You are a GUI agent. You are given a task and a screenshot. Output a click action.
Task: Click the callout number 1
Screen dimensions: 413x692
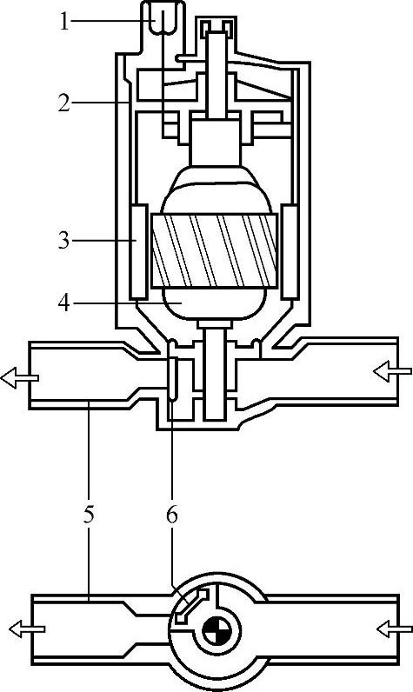pyautogui.click(x=64, y=22)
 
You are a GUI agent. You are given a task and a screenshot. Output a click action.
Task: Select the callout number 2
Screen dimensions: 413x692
pyautogui.click(x=64, y=103)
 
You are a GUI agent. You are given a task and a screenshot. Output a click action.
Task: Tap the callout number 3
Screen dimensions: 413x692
pyautogui.click(x=64, y=241)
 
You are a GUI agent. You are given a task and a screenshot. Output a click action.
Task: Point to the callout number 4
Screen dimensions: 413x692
pyautogui.click(x=64, y=303)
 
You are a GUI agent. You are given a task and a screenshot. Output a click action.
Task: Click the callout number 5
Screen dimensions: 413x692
pyautogui.click(x=90, y=515)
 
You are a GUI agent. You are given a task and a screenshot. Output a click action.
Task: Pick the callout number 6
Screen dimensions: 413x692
pyautogui.click(x=171, y=515)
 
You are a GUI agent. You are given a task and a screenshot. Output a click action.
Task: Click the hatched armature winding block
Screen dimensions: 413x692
pyautogui.click(x=214, y=250)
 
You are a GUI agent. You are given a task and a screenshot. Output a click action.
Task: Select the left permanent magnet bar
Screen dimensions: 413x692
pyautogui.click(x=138, y=251)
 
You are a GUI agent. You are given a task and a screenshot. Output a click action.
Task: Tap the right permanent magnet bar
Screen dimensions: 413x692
pyautogui.click(x=290, y=251)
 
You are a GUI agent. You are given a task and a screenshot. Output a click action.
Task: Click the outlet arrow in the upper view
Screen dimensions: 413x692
pyautogui.click(x=19, y=378)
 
